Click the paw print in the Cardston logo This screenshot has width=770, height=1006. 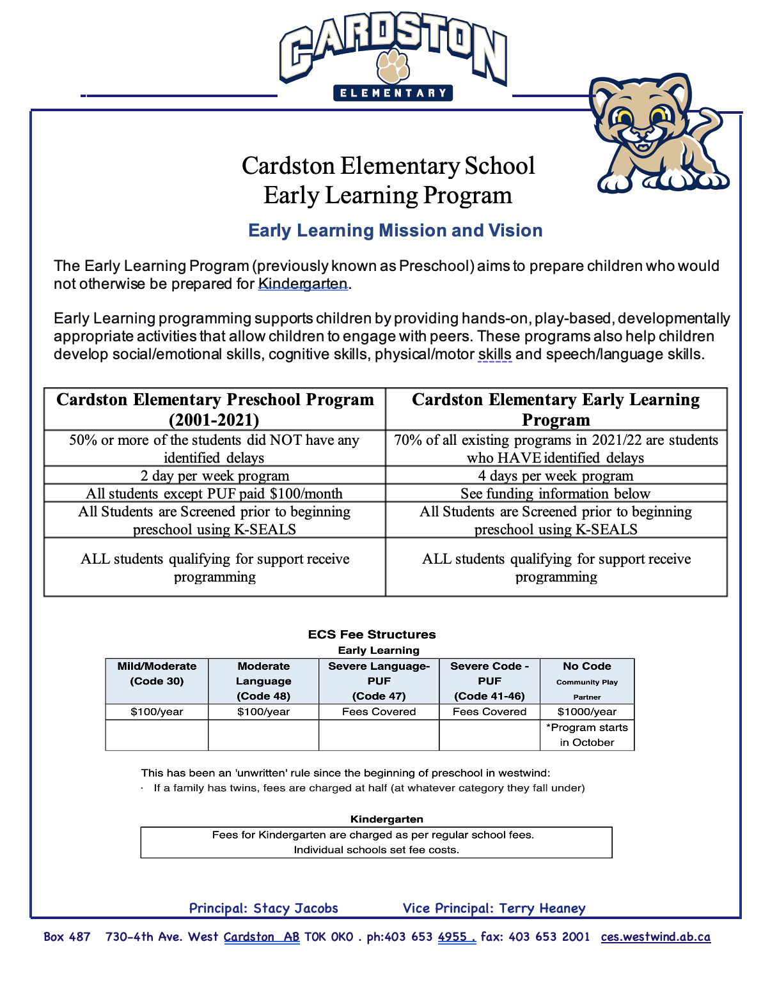click(393, 65)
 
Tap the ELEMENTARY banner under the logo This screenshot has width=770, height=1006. click(393, 93)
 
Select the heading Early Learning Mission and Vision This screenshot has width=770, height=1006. click(395, 231)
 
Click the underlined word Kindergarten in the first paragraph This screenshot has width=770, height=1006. click(302, 284)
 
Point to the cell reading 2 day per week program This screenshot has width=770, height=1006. click(214, 476)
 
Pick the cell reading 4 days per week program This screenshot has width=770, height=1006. click(556, 476)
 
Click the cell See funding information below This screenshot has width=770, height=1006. click(556, 493)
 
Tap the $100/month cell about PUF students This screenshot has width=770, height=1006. click(214, 493)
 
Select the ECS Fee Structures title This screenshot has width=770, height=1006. click(372, 635)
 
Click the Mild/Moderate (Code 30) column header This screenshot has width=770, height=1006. click(157, 674)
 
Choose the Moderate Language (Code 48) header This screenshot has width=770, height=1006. click(263, 681)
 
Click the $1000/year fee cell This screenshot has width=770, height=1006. click(587, 712)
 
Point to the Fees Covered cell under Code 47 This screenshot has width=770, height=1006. click(379, 712)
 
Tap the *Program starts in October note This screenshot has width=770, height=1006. click(587, 735)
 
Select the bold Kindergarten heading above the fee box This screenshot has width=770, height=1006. click(386, 819)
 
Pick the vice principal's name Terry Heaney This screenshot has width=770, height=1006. click(542, 908)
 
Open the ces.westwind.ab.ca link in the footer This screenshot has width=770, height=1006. click(656, 937)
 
